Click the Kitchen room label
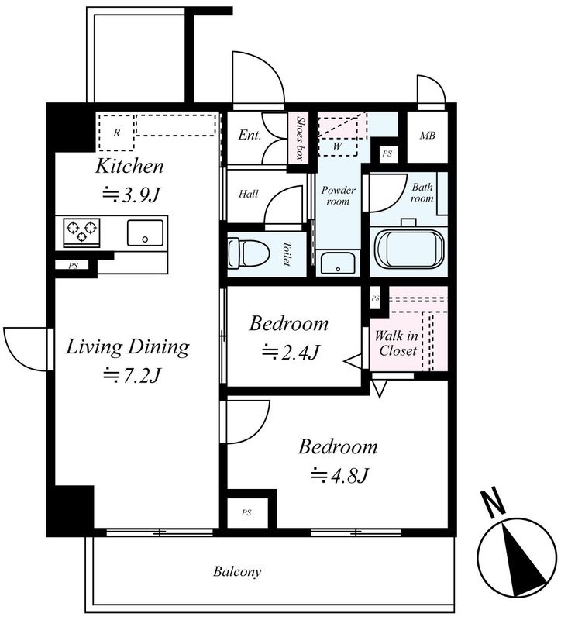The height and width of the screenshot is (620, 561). [x=129, y=167]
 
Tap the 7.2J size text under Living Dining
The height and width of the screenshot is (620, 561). [x=132, y=375]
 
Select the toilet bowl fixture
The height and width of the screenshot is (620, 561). [x=249, y=253]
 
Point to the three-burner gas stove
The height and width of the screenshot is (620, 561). [x=82, y=231]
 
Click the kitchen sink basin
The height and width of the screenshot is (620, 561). [x=145, y=233]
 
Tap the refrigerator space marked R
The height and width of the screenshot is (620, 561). [x=116, y=133]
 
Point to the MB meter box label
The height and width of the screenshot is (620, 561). [x=428, y=136]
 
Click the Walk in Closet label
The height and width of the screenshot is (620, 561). [x=397, y=343]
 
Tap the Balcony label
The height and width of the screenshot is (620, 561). [x=237, y=571]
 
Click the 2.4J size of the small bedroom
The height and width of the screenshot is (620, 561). [x=291, y=352]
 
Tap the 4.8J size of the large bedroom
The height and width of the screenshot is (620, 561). [x=340, y=475]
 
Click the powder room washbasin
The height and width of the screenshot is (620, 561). [x=338, y=263]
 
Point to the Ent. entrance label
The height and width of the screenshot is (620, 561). [x=250, y=135]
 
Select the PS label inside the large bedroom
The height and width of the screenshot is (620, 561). [x=246, y=513]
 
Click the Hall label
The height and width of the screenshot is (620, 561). [x=248, y=194]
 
